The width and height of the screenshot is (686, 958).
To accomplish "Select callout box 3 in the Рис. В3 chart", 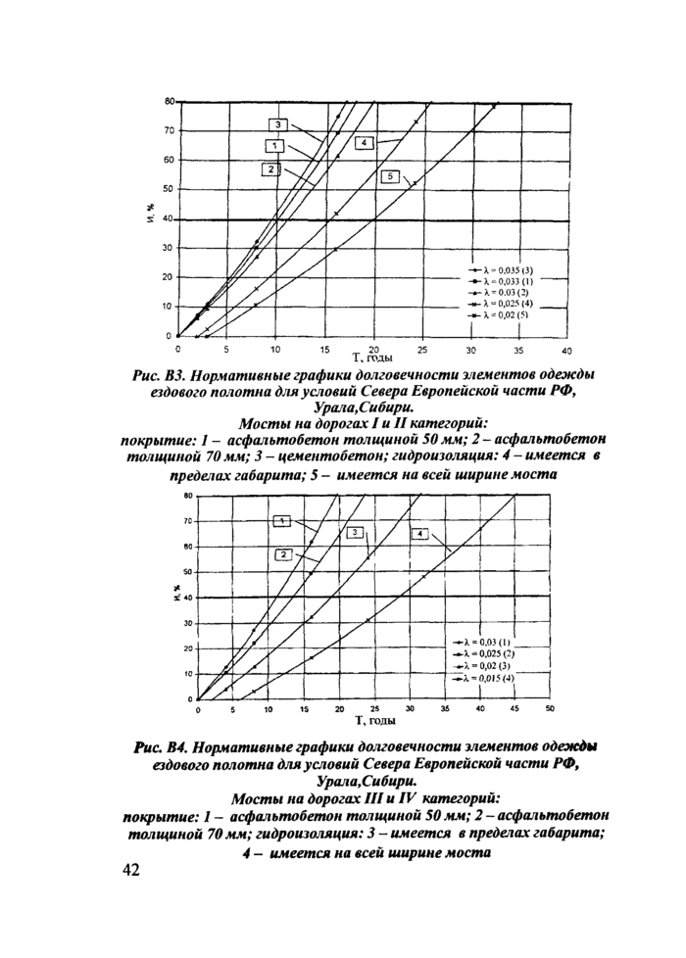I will click(x=278, y=124).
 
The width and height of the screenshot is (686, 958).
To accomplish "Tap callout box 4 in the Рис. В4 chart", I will click(x=418, y=533).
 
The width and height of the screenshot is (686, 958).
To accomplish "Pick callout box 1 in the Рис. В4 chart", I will click(x=281, y=520).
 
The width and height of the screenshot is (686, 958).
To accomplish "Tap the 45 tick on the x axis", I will click(x=514, y=708).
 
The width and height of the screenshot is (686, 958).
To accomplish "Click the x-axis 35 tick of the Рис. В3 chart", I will click(x=518, y=349).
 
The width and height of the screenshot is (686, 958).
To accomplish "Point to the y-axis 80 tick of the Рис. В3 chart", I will click(x=169, y=101).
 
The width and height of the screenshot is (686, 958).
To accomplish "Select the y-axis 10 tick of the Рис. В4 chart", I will click(x=186, y=674).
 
